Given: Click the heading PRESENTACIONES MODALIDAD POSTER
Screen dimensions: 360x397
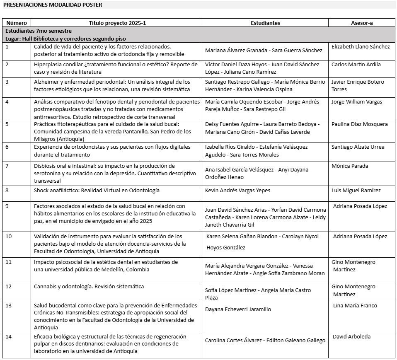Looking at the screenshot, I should (53, 5).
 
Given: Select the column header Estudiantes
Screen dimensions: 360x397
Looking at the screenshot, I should (265, 23).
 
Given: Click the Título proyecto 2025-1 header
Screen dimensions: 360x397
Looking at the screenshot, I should (117, 23).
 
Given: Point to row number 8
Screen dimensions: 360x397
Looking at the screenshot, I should (7, 191).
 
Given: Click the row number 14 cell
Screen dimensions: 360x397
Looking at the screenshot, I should (8, 336).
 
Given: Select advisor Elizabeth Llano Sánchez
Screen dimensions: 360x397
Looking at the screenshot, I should (361, 47).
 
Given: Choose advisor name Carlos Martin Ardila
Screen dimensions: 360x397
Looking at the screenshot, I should (356, 65).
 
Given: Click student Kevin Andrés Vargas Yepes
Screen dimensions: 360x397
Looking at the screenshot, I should (238, 191).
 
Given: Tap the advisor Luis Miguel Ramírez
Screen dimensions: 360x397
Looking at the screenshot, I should (356, 191).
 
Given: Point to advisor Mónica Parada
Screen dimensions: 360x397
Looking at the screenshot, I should (350, 166).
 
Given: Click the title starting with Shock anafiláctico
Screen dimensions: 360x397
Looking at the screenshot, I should (91, 191).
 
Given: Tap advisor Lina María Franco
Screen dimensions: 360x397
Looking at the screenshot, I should (355, 306).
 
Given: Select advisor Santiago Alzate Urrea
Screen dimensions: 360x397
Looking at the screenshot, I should (358, 147).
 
